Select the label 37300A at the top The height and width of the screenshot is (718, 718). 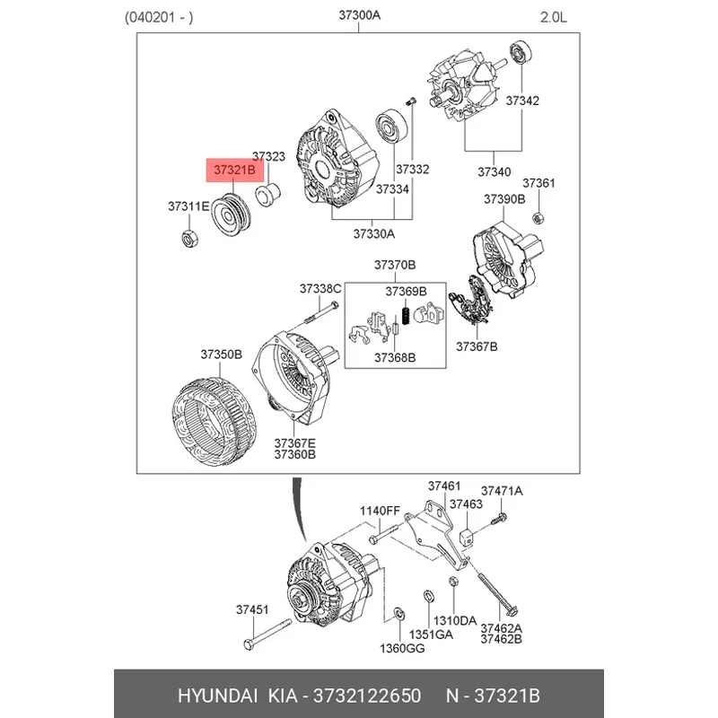360,15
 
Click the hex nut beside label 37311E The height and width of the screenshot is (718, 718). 190,238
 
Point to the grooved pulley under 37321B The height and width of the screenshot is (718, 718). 232,215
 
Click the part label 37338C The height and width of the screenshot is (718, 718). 320,288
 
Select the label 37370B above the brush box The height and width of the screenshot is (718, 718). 395,266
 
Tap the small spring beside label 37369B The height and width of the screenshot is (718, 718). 405,317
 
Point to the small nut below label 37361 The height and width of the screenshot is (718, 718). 538,217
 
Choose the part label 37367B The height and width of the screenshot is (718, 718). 477,346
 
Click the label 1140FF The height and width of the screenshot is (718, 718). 380,511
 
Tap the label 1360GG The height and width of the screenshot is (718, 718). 398,648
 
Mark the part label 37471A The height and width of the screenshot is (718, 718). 502,491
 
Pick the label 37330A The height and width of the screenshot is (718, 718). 373,233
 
